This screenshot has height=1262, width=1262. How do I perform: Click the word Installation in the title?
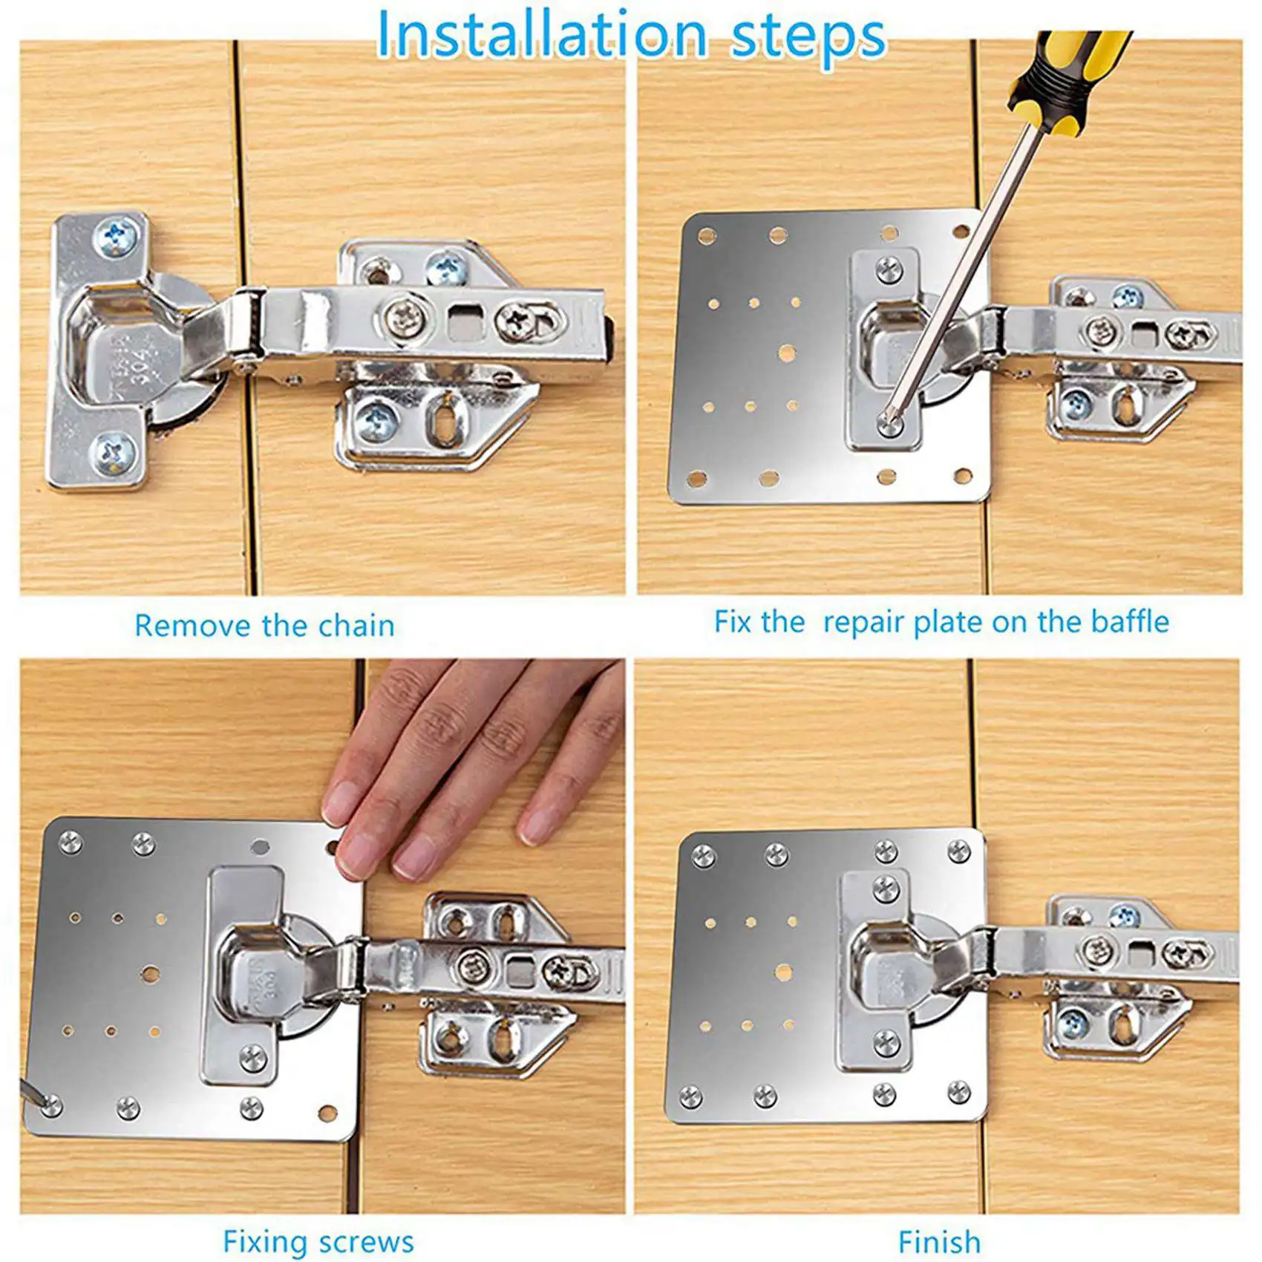[x=542, y=36]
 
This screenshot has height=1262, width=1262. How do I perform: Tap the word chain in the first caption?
[x=356, y=626]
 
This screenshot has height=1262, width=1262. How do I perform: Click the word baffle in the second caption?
[x=1129, y=622]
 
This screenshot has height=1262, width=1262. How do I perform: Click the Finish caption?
[x=939, y=1242]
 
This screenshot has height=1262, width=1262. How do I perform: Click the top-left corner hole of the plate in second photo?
[x=706, y=236]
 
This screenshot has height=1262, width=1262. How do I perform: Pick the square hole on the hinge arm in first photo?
[x=465, y=321]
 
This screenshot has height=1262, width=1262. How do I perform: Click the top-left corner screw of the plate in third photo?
[x=71, y=842]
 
